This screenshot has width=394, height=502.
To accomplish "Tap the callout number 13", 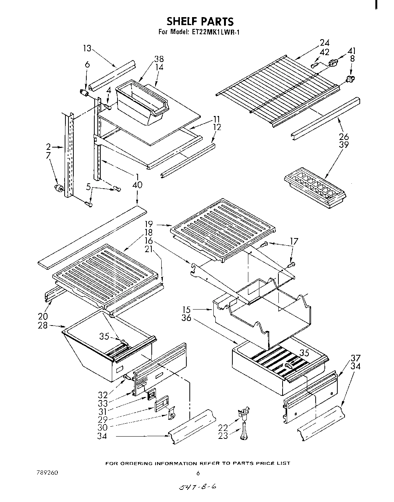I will coord(87,48).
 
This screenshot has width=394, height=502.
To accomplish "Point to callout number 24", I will coord(324,43).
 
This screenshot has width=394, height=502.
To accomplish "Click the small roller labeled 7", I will coord(59,188).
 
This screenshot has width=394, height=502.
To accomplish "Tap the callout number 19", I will coord(148,224).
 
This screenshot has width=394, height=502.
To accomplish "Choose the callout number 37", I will coord(355,358).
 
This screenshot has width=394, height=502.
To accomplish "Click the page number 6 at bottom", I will coord(198,473).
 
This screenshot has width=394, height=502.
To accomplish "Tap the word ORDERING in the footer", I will coord(151,463).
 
